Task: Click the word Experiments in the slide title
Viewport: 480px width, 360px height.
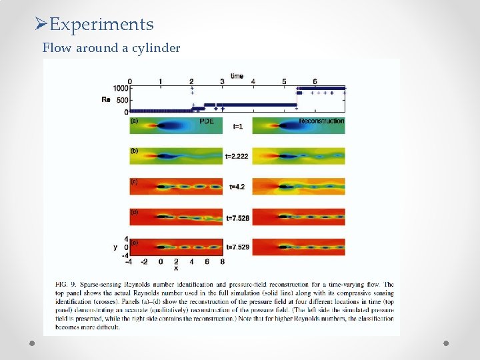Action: pyautogui.click(x=101, y=25)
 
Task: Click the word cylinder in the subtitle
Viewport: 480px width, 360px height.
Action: pyautogui.click(x=155, y=48)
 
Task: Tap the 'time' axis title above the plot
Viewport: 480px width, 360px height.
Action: pyautogui.click(x=237, y=75)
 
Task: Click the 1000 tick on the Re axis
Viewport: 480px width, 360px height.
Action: pyautogui.click(x=120, y=89)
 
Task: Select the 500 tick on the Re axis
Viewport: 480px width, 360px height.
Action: pyautogui.click(x=122, y=100)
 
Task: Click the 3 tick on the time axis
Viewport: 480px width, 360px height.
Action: pyautogui.click(x=222, y=82)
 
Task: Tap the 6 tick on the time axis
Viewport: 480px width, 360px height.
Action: pyautogui.click(x=315, y=82)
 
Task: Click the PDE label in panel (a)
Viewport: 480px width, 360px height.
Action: pyautogui.click(x=207, y=121)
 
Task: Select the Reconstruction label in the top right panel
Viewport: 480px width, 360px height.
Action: pyautogui.click(x=321, y=121)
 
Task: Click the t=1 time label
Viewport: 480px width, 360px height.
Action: pyautogui.click(x=237, y=126)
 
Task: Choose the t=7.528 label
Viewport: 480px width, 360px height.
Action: pyautogui.click(x=237, y=217)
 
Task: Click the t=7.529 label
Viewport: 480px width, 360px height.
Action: pyautogui.click(x=237, y=247)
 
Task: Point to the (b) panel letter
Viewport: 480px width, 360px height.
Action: pyautogui.click(x=135, y=151)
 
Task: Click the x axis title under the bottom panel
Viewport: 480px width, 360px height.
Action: pyautogui.click(x=176, y=269)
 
